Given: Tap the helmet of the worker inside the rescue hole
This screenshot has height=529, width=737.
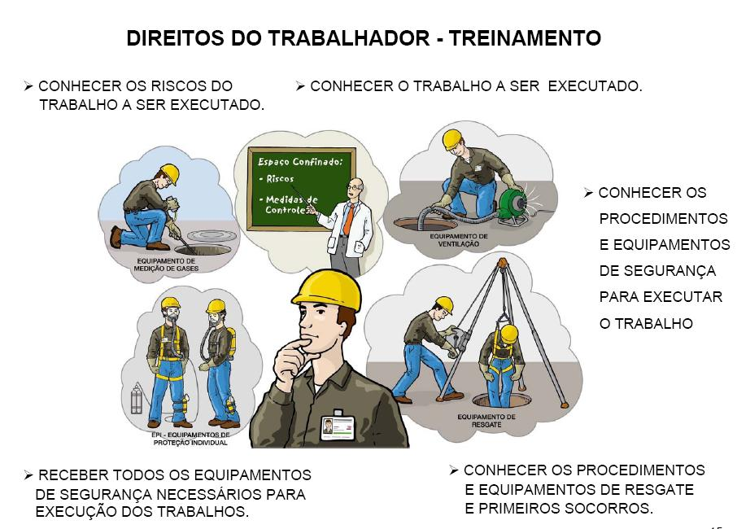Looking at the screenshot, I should tap(508, 334).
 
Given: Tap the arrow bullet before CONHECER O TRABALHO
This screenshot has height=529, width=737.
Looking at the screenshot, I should tap(300, 85).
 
